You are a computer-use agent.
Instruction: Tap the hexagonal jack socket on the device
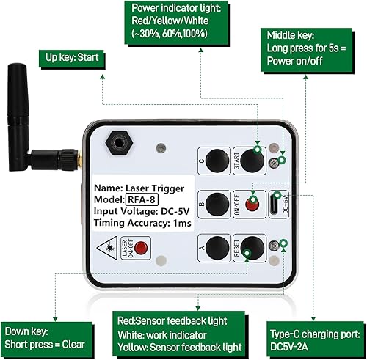pyautogui.click(x=115, y=139)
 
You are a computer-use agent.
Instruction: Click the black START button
pyautogui.click(x=252, y=159)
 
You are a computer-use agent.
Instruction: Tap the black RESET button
pyautogui.click(x=252, y=248)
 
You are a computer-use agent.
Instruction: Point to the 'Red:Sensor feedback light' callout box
pyautogui.click(x=183, y=334)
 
